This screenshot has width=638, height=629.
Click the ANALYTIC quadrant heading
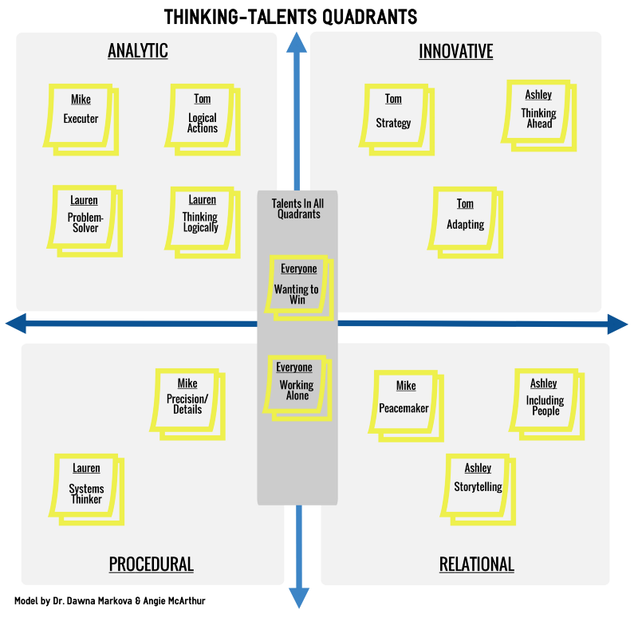[138, 52]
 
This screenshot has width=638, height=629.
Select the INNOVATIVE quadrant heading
[455, 52]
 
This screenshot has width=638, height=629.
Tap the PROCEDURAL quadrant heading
[151, 564]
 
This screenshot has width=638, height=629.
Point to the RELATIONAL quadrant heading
[476, 564]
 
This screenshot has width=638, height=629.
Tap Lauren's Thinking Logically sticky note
[202, 218]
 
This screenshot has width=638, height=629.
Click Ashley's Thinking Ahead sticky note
[539, 111]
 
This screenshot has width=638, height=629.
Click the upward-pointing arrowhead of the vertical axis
[297, 44]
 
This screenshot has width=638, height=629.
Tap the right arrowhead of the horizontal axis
[617, 324]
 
